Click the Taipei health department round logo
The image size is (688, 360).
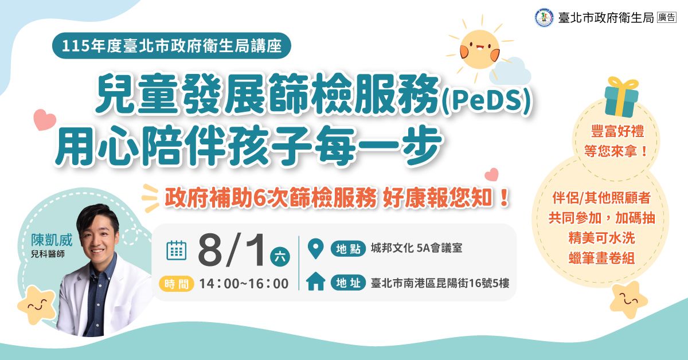tap(544, 18)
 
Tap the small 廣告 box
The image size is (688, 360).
tap(667, 18)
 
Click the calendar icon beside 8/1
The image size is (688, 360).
tap(177, 251)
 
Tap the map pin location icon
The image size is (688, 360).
tap(315, 248)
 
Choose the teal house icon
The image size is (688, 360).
tap(315, 281)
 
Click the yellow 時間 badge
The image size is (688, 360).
tap(177, 283)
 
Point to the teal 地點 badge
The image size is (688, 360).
tap(348, 248)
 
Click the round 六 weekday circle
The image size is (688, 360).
tap(280, 256)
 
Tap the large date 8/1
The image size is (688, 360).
tap(231, 249)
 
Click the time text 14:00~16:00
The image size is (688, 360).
tap(244, 284)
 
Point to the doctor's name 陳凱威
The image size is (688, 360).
tap(52, 240)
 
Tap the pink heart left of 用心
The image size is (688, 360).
tap(45, 120)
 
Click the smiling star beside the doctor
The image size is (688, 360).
tap(37, 304)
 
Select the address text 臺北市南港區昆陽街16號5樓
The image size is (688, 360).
tap(440, 283)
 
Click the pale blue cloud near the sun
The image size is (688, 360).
tap(510, 71)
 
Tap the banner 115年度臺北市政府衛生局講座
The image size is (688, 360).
tap(171, 46)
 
